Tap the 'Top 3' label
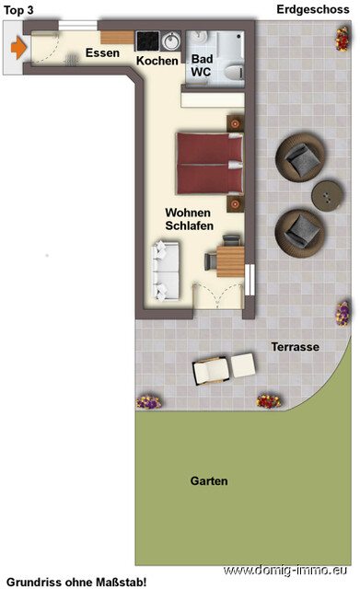point(20,9)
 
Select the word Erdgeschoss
point(314,9)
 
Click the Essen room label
point(102,53)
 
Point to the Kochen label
point(157,61)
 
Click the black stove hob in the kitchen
point(147,41)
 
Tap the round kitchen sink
point(172,41)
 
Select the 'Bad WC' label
point(203,65)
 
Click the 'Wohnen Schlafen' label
point(190,218)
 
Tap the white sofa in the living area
point(166,269)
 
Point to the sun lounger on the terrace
point(223,368)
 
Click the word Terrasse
point(295,347)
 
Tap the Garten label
point(209,480)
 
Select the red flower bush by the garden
point(268,401)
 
